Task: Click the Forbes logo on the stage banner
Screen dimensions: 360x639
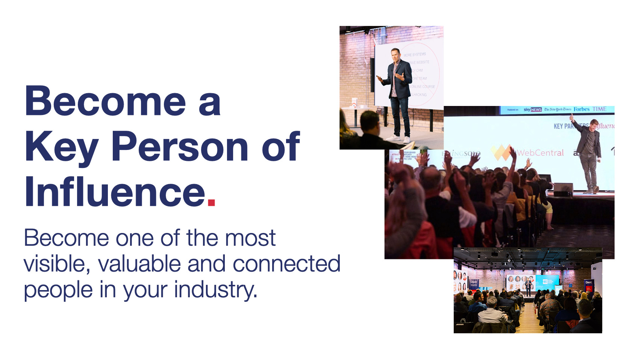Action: coord(581,109)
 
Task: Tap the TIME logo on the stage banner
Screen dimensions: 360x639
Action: coord(600,109)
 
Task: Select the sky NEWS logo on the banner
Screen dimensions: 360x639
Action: coord(532,110)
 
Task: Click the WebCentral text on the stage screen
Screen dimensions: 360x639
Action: coord(540,153)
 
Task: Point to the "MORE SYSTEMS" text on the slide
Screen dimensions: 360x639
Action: coord(415,54)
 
